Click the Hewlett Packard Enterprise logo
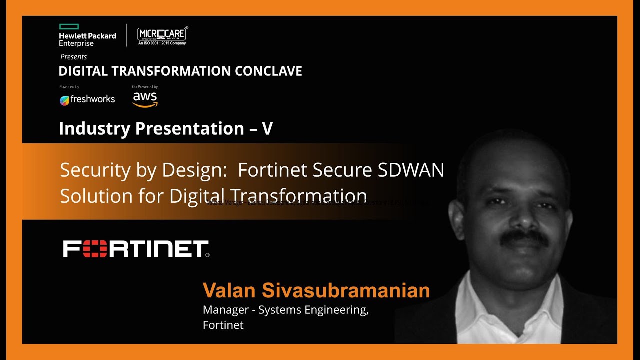pos(87,36)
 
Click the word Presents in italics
pos(73,57)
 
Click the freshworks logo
pos(87,99)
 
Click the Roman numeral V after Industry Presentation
pos(267,129)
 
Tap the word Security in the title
pos(95,170)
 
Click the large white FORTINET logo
pos(136,249)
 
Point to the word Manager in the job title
pos(225,310)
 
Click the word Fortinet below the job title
pos(223,325)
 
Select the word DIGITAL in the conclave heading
pos(83,71)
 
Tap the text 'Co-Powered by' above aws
pos(145,87)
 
